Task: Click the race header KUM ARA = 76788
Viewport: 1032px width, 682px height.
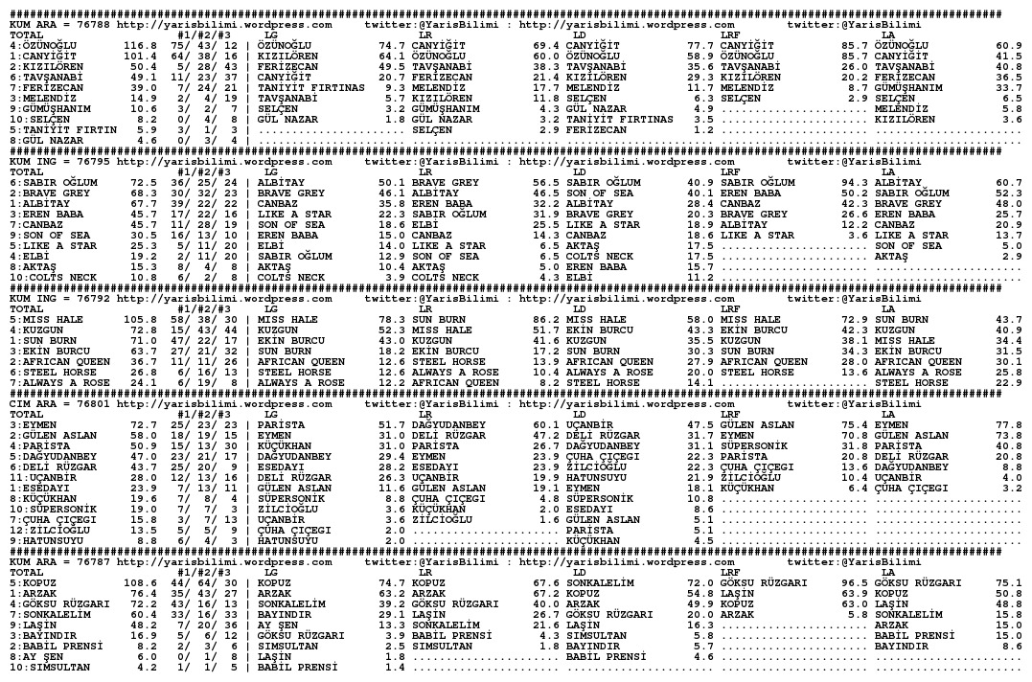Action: [x=57, y=25]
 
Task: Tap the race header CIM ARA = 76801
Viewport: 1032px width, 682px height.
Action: [x=57, y=403]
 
